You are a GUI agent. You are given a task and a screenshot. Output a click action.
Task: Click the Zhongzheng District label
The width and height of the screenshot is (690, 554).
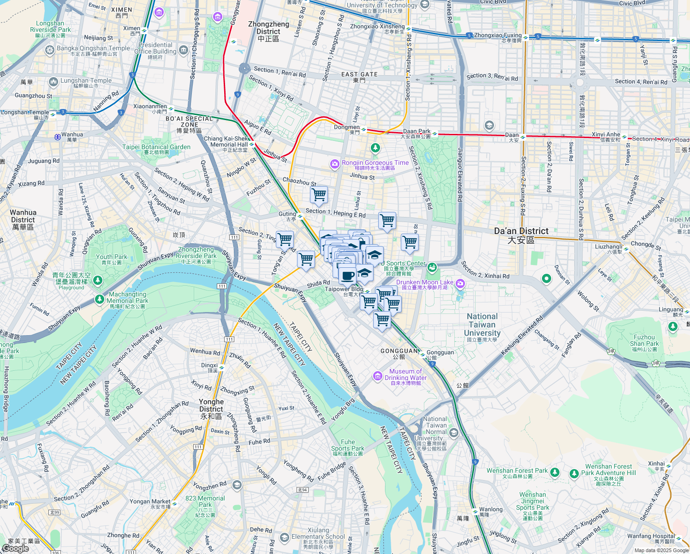tap(268, 31)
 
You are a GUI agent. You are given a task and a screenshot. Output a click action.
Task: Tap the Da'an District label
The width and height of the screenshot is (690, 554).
tap(521, 235)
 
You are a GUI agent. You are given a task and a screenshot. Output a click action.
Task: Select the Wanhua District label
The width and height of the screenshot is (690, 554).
tap(23, 219)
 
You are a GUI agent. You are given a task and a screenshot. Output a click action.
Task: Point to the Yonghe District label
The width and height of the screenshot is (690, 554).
tap(211, 409)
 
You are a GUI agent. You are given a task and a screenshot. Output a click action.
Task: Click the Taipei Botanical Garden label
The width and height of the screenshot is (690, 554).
tap(156, 149)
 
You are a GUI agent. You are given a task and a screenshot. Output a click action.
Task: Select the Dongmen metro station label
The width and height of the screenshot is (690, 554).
tap(347, 129)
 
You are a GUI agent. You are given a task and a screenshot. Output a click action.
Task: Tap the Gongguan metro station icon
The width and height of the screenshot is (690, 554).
tap(422, 355)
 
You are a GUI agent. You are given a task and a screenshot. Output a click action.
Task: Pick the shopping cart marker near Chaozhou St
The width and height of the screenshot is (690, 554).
tap(319, 195)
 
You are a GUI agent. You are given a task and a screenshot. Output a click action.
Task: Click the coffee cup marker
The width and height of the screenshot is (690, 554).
tap(348, 276)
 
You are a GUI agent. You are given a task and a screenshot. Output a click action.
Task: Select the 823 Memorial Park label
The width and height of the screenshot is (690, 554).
tap(205, 501)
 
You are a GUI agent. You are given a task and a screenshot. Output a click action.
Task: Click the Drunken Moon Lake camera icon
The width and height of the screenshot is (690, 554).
tap(460, 283)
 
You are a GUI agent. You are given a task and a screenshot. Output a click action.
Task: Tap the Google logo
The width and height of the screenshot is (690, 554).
tap(15, 548)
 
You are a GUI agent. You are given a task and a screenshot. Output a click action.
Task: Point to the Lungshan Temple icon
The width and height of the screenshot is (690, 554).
tap(53, 82)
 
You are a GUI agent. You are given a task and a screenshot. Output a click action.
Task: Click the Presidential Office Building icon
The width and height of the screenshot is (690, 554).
tap(184, 49)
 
